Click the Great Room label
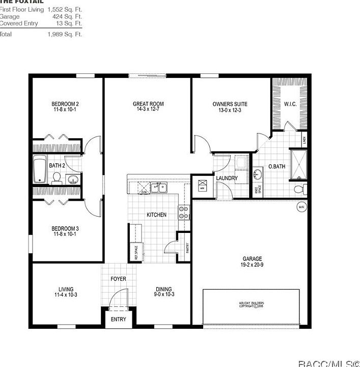pos(148,104)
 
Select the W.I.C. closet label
pos(291,104)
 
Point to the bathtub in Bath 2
pos(40,170)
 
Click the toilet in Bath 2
pos(57,178)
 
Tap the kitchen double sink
pos(157,188)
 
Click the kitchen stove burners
pos(183,212)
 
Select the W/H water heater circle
pos(301,207)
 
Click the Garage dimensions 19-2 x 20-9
pos(252,265)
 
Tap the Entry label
pos(118,320)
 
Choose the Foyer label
pos(118,279)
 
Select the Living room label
pos(65,289)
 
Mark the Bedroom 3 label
pos(65,228)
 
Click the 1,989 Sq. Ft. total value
pos(64,35)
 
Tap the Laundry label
pos(227,178)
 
